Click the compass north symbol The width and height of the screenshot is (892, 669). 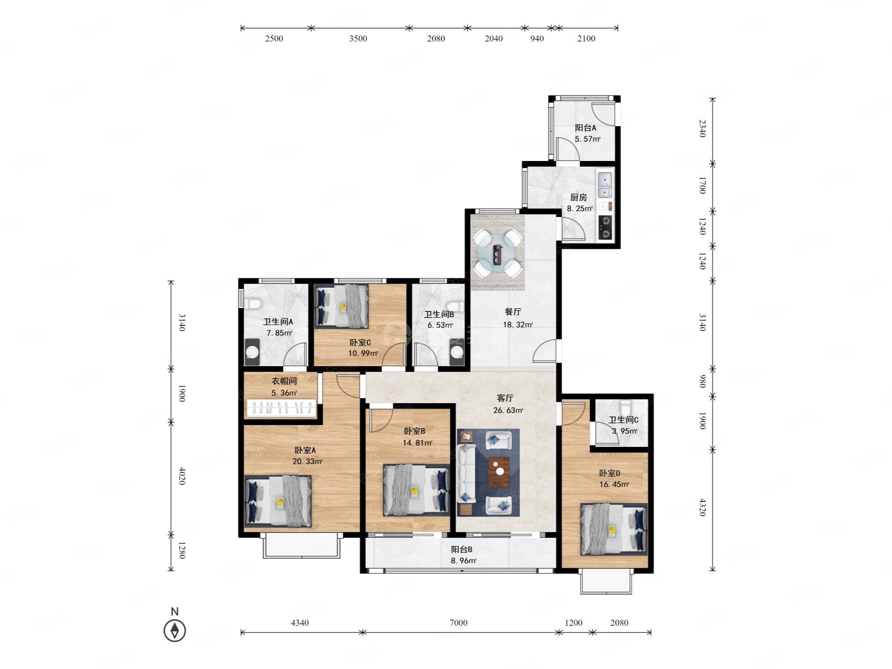[175, 630]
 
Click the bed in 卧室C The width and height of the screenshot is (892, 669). [342, 306]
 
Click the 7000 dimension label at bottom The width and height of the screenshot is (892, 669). [458, 623]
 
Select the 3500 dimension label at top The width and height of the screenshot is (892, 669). [358, 38]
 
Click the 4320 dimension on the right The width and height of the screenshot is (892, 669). [702, 507]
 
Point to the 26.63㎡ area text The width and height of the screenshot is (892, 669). [508, 410]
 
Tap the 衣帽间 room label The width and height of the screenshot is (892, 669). [284, 381]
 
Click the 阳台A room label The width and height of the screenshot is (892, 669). [586, 128]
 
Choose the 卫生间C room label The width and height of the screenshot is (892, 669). [624, 420]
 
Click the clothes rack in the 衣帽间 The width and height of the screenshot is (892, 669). [282, 407]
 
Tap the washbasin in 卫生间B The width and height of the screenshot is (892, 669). [457, 352]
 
